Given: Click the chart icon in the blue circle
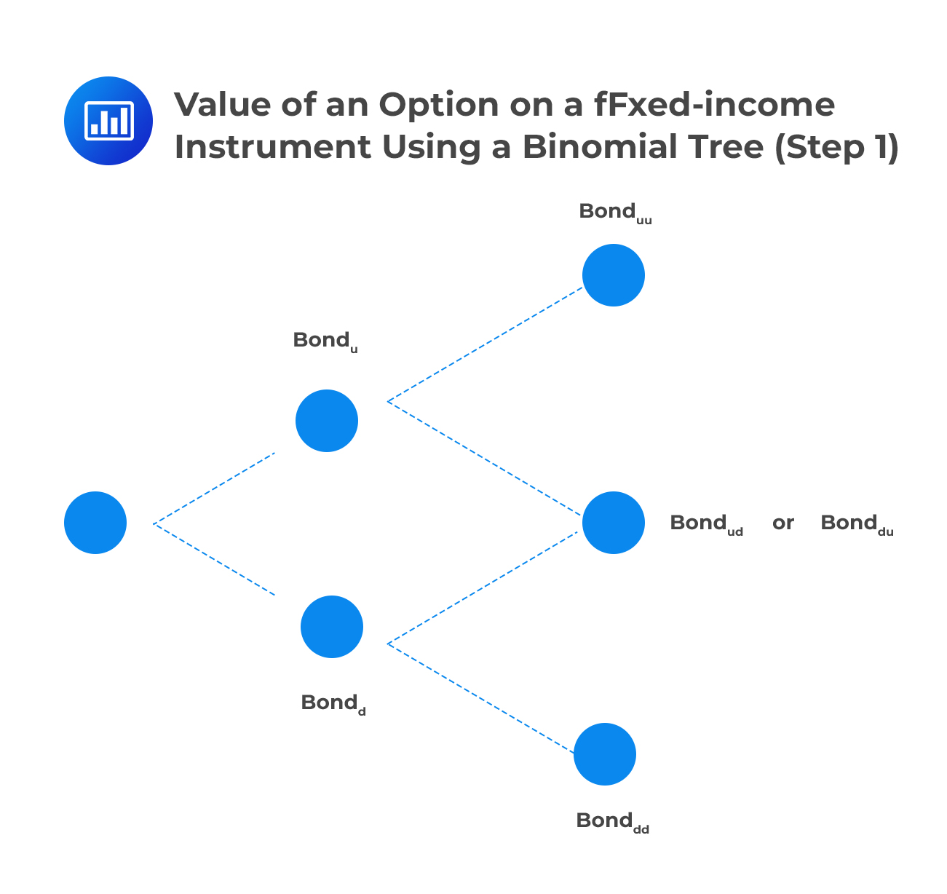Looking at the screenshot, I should point(108,120).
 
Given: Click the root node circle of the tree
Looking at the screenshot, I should point(95,523).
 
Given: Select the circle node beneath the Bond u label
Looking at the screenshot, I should point(327,421).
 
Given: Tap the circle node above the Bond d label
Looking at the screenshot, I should point(332,627).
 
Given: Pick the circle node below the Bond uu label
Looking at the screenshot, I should point(614,275).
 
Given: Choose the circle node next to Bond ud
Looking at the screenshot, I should point(614,523).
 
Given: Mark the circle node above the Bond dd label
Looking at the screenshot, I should point(605,754).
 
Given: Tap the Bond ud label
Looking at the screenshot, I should point(706,523).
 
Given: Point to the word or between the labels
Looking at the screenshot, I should point(782,523).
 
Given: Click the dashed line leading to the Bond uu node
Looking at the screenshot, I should point(485,344).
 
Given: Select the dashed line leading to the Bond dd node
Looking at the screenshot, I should point(480,698).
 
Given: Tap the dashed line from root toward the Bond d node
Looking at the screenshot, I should point(215,559).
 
